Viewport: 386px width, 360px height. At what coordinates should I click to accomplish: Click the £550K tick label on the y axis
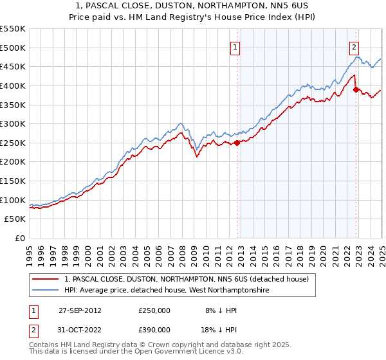(13, 29)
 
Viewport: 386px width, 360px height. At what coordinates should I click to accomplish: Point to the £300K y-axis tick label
(13, 123)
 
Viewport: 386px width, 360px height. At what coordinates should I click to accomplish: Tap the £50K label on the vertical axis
(15, 219)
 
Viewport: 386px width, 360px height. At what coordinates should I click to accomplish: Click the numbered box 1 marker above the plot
(236, 47)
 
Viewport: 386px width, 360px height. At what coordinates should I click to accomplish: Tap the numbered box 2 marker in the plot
(354, 47)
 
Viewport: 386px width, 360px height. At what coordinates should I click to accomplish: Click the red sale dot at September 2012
(237, 143)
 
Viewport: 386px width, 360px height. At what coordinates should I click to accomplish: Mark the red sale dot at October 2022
(356, 89)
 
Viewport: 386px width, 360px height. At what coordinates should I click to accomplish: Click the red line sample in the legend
(46, 279)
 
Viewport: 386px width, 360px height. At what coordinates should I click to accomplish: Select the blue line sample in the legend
(46, 291)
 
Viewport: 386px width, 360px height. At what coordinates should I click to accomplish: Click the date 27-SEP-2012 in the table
(80, 310)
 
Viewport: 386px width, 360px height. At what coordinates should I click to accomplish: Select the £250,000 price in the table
(154, 310)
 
